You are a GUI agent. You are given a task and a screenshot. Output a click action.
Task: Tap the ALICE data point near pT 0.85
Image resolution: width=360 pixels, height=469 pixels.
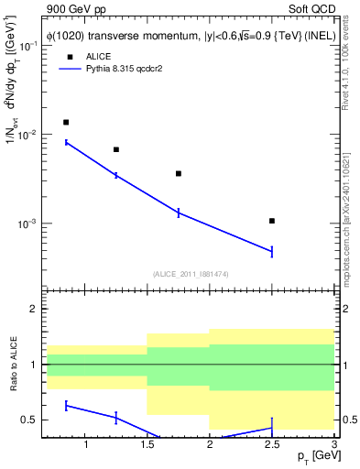coord(66,122)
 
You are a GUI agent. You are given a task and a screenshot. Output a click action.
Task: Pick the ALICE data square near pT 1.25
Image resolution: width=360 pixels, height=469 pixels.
coord(115,149)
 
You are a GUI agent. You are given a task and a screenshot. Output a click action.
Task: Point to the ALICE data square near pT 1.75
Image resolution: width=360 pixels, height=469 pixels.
coord(179,173)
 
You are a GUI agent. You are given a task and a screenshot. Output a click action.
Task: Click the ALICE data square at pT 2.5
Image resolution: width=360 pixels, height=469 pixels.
coord(272,221)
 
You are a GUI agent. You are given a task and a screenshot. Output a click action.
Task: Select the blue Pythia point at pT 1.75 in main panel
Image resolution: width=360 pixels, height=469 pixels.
coord(179,213)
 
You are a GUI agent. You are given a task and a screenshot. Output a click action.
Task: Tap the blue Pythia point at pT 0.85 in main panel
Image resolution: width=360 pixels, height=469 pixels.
coord(66,142)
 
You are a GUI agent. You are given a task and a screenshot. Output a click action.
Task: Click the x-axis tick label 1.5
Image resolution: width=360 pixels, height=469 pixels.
coord(147,445)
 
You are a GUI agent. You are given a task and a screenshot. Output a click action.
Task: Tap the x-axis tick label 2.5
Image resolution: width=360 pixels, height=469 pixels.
coord(272,445)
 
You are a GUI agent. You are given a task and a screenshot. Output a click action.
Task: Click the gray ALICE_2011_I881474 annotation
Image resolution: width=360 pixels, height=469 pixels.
coord(190,275)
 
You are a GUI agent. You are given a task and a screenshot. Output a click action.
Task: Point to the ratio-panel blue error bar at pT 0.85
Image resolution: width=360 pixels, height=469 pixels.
coord(66,405)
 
